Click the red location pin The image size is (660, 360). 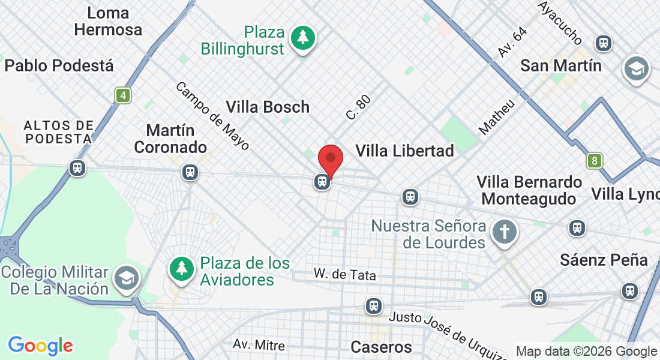(330, 160)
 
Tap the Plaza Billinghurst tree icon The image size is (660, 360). (303, 38)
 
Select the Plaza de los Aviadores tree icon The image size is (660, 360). (181, 268)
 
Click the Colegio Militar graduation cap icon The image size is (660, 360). (127, 277)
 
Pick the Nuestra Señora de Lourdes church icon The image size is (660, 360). (504, 232)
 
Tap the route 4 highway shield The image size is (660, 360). (123, 95)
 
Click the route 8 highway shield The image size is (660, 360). (595, 160)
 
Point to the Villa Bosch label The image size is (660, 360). (268, 107)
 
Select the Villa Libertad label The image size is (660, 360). (404, 151)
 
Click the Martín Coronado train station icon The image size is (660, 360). (190, 172)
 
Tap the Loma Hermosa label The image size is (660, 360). (109, 21)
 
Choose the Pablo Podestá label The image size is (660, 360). (59, 65)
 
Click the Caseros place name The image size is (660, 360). (381, 347)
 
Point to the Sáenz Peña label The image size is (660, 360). (604, 260)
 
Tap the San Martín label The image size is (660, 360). (561, 65)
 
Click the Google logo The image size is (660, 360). (40, 346)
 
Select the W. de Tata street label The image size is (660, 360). (345, 275)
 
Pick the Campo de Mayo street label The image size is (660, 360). (212, 116)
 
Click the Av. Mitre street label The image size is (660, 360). (259, 345)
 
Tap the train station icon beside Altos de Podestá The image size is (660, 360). (77, 168)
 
